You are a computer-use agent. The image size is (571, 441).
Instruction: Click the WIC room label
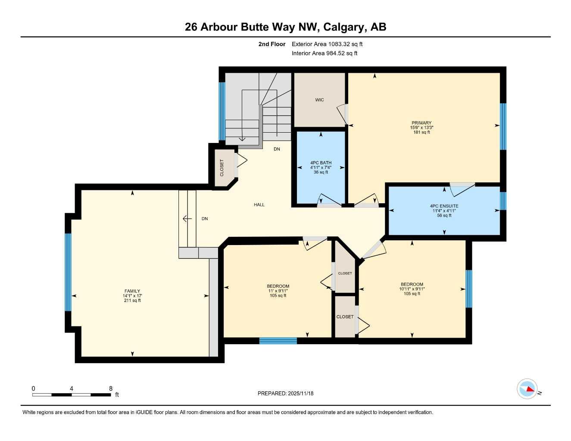coord(319,100)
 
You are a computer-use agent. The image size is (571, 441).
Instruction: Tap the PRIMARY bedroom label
coord(421,123)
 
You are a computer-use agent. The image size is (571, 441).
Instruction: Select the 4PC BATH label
coord(321,163)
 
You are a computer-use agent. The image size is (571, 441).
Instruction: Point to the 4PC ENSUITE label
coord(444,206)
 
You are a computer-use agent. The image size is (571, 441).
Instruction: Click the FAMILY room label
coord(132,291)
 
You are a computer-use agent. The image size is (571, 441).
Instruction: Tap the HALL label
coord(259,205)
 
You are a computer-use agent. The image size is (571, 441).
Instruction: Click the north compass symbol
coord(527,389)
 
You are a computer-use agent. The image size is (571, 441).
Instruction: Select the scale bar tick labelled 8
coord(111,388)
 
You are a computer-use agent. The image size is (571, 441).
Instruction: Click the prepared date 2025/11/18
coord(285,393)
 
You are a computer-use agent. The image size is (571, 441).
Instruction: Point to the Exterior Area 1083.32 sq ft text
coord(327,44)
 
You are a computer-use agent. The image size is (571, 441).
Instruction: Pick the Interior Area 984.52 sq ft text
coord(325,53)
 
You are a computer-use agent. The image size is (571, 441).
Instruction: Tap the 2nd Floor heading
coord(271,44)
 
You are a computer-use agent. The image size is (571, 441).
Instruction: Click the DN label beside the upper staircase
coord(277,149)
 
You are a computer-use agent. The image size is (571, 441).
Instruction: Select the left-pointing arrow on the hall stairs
coord(187,219)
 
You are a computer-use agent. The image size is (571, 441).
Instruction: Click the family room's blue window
coord(68,272)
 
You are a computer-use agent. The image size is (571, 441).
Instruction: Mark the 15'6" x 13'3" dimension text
coord(421,127)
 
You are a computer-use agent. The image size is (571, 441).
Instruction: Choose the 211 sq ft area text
coord(132,301)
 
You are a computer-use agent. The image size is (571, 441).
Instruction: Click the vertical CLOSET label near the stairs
coord(222,168)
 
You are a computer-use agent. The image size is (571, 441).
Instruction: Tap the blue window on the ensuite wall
coord(503,201)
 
